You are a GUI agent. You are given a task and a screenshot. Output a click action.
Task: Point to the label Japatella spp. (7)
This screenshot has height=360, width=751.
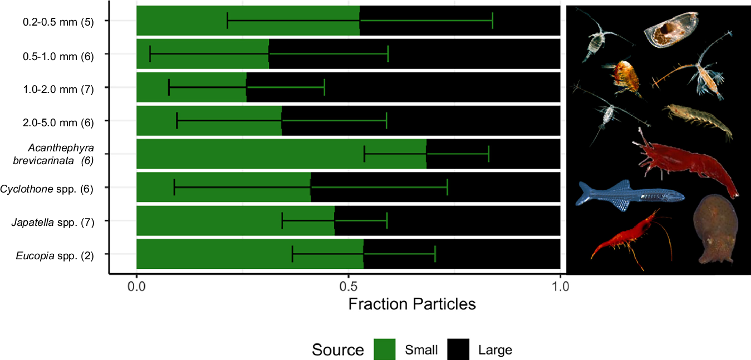pyautogui.click(x=52, y=223)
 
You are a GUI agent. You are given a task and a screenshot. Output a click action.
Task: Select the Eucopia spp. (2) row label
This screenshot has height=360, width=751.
pyautogui.click(x=55, y=256)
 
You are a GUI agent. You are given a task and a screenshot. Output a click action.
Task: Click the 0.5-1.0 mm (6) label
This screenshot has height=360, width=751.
pyautogui.click(x=58, y=56)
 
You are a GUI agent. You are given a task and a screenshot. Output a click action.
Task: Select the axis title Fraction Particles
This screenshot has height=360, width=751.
pyautogui.click(x=411, y=304)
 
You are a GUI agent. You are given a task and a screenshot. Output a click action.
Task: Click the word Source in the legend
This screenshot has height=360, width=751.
pyautogui.click(x=337, y=350)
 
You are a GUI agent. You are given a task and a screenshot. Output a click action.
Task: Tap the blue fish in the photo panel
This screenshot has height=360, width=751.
pyautogui.click(x=629, y=195)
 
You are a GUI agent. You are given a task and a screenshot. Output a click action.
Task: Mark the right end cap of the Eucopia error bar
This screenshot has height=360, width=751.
pyautogui.click(x=435, y=254)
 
